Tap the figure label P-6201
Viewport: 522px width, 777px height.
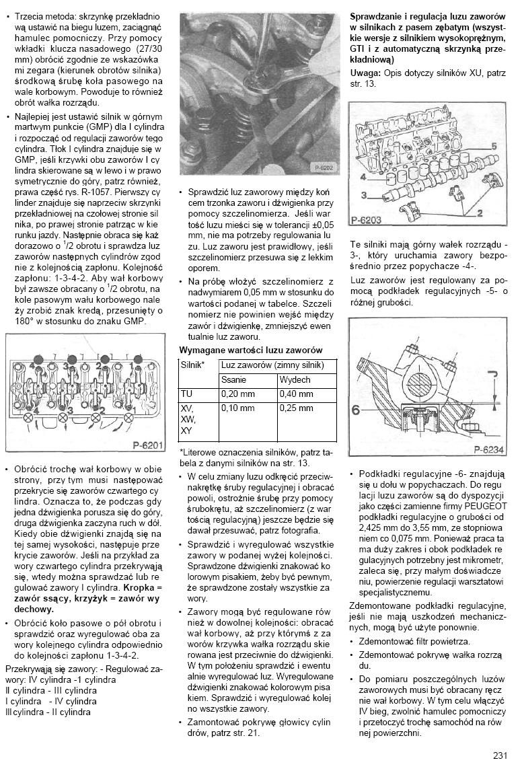click(x=147, y=445)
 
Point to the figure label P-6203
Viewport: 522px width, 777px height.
click(x=366, y=219)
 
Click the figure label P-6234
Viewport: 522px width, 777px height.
click(x=488, y=450)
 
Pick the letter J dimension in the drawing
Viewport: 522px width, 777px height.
click(x=494, y=374)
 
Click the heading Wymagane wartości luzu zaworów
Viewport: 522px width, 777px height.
click(x=250, y=350)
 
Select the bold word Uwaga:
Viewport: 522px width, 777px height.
click(x=365, y=72)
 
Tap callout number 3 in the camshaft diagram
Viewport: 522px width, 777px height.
click(x=363, y=195)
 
